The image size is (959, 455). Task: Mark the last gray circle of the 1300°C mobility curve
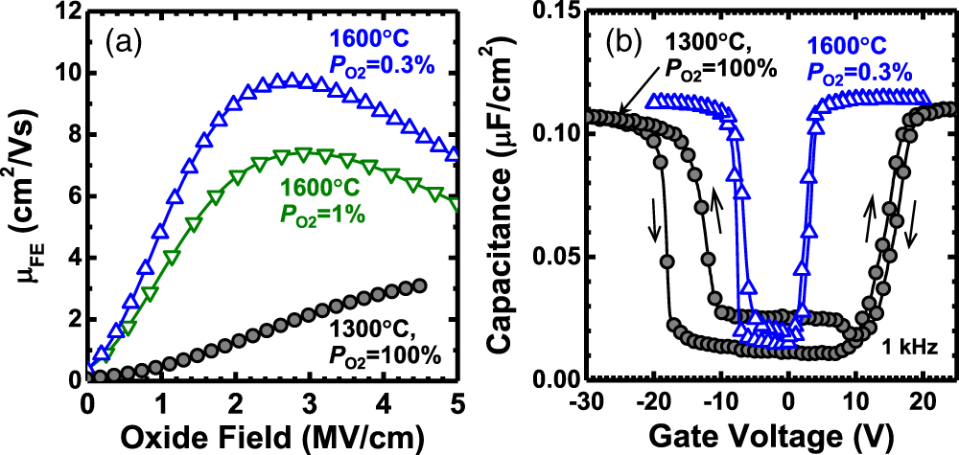coord(418,285)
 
